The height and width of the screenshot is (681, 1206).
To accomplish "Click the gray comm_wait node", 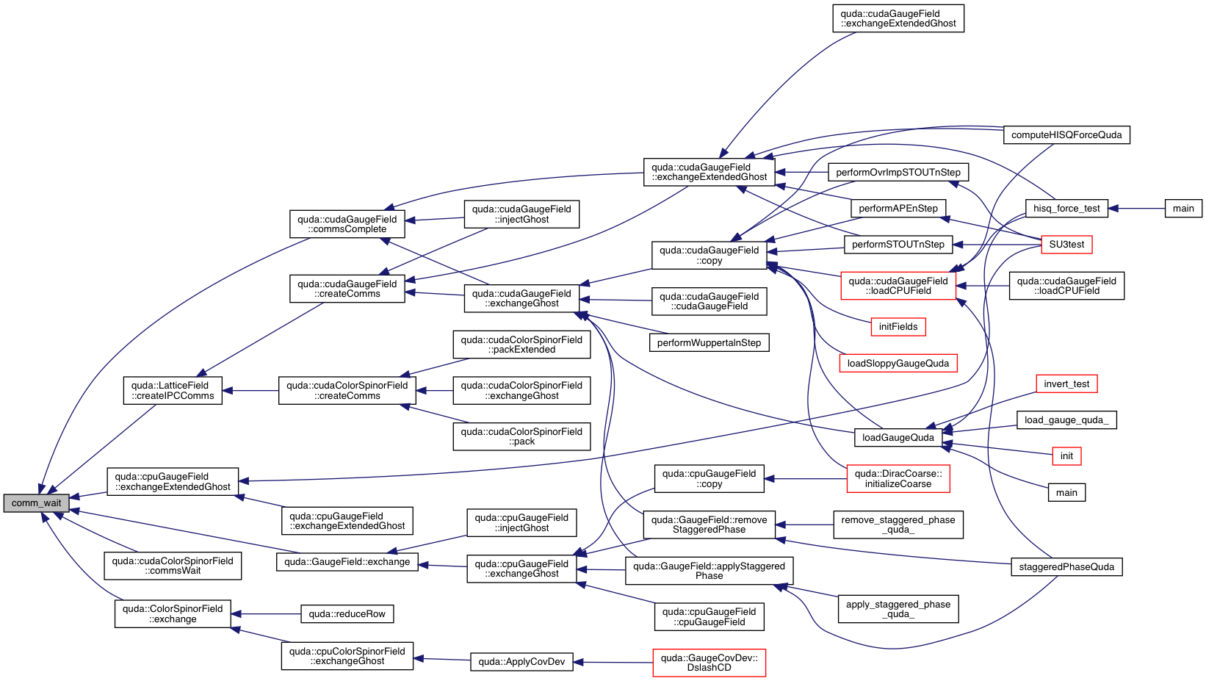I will pyautogui.click(x=36, y=503).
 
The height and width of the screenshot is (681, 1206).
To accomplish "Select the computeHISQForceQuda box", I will pyautogui.click(x=1066, y=135).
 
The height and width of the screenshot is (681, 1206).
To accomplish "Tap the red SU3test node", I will pyautogui.click(x=1066, y=245).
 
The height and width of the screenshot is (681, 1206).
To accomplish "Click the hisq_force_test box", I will pyautogui.click(x=1066, y=209).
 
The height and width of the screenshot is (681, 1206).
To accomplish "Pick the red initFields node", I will pyautogui.click(x=898, y=327).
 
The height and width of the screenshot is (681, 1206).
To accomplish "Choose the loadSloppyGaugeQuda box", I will pyautogui.click(x=898, y=363).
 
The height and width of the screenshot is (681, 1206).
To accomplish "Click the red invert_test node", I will pyautogui.click(x=1066, y=384).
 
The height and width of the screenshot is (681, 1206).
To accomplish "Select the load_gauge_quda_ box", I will pyautogui.click(x=1066, y=420).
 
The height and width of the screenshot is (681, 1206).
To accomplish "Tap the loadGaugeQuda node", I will pyautogui.click(x=898, y=438).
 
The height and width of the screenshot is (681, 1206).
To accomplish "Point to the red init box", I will pyautogui.click(x=1066, y=456).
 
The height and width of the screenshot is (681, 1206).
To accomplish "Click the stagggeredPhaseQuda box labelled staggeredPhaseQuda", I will pyautogui.click(x=1066, y=567).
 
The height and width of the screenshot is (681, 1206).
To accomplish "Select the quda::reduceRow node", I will pyautogui.click(x=347, y=614).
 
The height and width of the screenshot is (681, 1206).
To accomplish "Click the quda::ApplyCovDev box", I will pyautogui.click(x=521, y=662).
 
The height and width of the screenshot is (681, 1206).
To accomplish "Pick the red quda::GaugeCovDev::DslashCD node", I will pyautogui.click(x=709, y=663).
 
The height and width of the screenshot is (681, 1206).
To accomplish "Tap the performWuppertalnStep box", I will pyautogui.click(x=709, y=343).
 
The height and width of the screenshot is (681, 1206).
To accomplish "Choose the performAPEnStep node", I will pyautogui.click(x=898, y=209).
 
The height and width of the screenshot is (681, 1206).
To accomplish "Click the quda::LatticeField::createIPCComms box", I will pyautogui.click(x=173, y=391).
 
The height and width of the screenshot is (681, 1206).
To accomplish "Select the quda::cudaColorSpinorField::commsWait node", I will pyautogui.click(x=173, y=566).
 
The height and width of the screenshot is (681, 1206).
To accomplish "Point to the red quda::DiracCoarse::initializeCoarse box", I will pyautogui.click(x=898, y=479).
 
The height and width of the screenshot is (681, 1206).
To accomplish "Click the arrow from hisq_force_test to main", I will pyautogui.click(x=1137, y=209).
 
